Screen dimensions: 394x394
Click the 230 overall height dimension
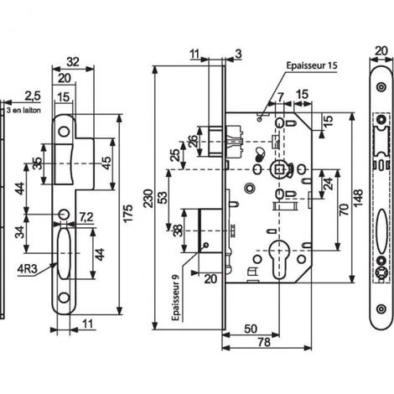(x=149, y=199)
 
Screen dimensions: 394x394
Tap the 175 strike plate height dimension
(x=128, y=214)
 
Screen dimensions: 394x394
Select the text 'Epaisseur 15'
(x=312, y=65)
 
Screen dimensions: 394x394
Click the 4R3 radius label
(x=27, y=269)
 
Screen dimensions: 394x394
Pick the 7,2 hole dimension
(x=86, y=217)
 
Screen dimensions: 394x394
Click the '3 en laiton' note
(x=23, y=111)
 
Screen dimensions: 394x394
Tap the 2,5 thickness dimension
(x=33, y=96)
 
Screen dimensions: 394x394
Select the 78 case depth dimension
(x=264, y=342)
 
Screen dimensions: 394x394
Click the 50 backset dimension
(x=251, y=329)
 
